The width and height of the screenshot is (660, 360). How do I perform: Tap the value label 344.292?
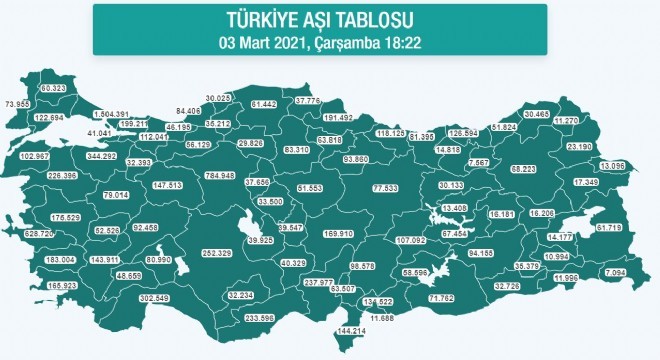pyautogui.click(x=102, y=157)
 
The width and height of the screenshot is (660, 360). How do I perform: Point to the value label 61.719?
pyautogui.click(x=609, y=228)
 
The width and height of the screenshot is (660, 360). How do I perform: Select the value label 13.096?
pyautogui.click(x=612, y=165)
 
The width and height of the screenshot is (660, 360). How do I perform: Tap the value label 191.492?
pyautogui.click(x=339, y=117)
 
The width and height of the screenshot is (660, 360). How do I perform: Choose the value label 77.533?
pyautogui.click(x=385, y=188)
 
